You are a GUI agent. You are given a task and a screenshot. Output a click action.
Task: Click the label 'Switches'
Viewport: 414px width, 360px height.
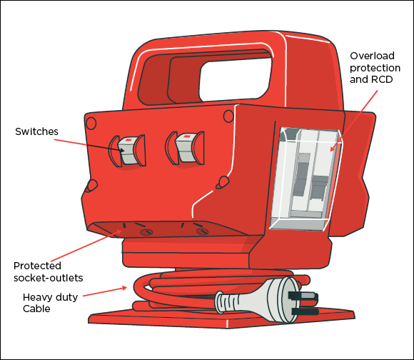pyautogui.click(x=37, y=131)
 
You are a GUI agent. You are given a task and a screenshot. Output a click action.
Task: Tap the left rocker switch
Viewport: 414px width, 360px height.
pyautogui.click(x=127, y=149)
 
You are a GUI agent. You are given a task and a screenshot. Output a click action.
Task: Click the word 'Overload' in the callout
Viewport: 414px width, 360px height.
pyautogui.click(x=372, y=55)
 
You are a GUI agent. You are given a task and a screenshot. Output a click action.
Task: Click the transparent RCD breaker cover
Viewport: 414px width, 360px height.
pyautogui.click(x=306, y=179)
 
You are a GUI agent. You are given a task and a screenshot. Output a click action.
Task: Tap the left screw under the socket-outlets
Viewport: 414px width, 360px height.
pyautogui.click(x=145, y=231)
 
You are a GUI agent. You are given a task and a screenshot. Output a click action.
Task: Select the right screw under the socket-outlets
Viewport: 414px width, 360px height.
pyautogui.click(x=201, y=230)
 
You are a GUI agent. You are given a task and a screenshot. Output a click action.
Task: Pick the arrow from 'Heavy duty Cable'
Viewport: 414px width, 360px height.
pyautogui.click(x=107, y=292)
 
